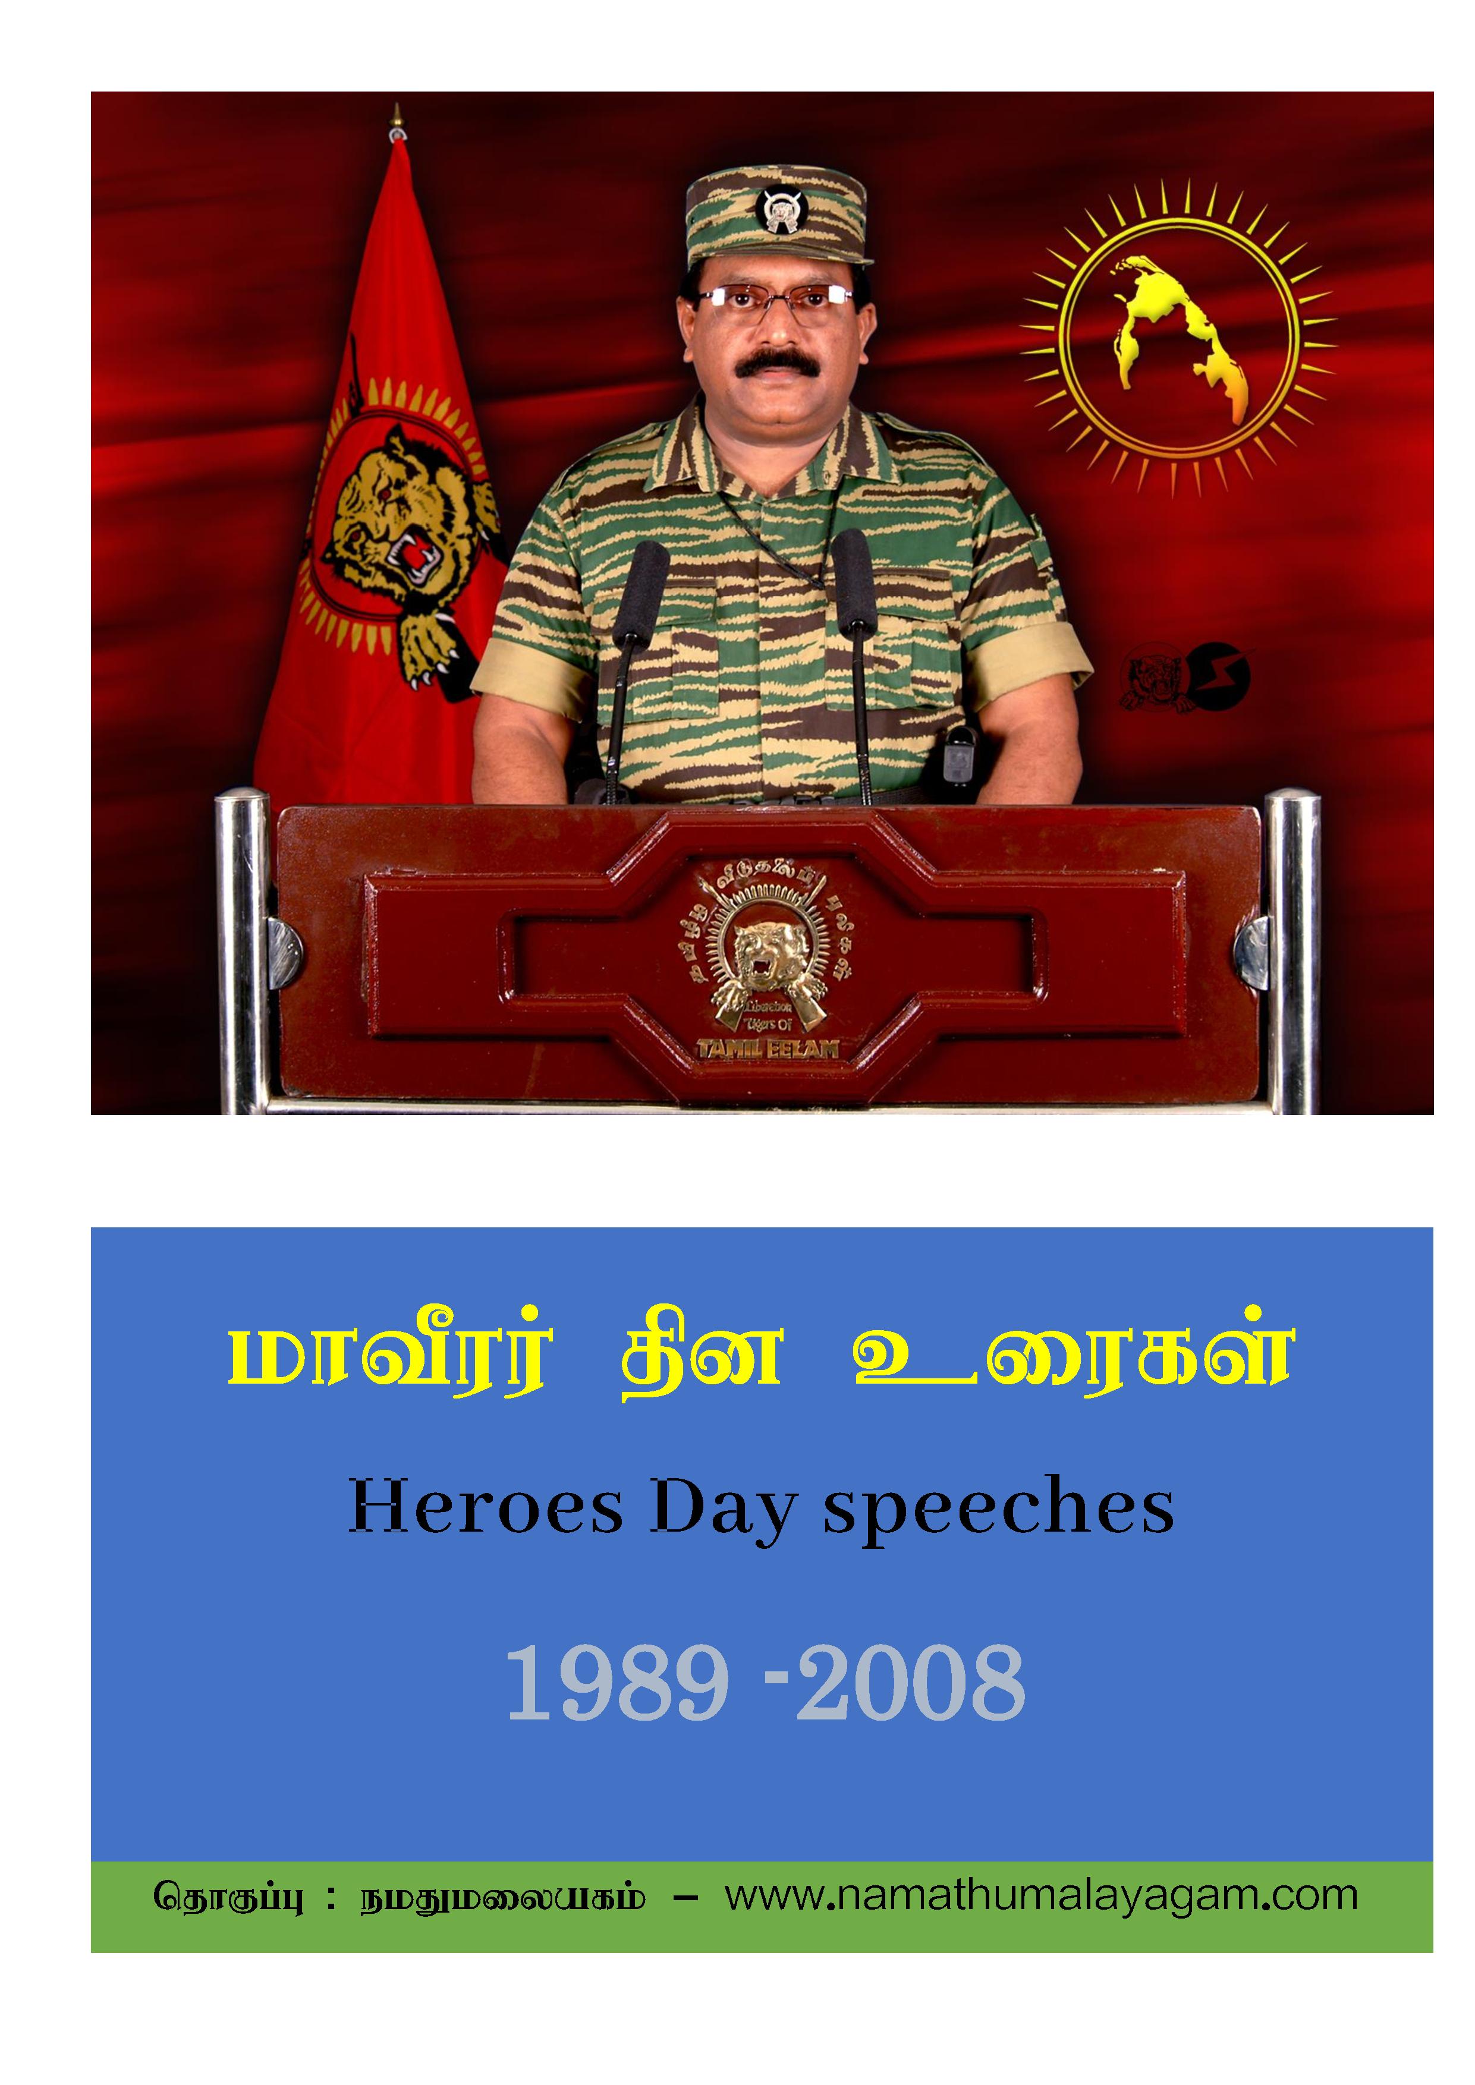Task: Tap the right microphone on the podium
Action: pos(854,581)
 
